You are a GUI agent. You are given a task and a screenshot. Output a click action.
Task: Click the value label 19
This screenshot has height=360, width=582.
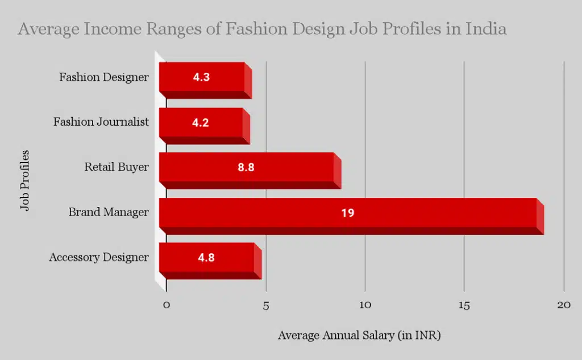point(348,213)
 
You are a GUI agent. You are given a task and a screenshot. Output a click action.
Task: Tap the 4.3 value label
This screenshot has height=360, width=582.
point(202,77)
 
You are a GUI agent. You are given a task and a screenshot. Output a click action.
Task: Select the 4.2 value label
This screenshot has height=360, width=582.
point(201,122)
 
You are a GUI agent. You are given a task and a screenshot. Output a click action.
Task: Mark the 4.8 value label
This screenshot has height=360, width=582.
point(206,257)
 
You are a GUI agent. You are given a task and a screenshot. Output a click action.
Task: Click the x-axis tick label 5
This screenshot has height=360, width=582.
point(266,305)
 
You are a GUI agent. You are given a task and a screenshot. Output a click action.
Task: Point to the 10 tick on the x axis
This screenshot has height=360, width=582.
point(365,305)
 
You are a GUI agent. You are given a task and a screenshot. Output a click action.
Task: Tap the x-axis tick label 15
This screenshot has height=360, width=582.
point(464,305)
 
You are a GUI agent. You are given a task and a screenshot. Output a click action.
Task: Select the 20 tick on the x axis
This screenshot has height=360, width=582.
point(564,305)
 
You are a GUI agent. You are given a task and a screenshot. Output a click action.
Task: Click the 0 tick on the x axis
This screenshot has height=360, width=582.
point(167,305)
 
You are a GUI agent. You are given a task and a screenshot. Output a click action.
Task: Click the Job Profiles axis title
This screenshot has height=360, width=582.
point(24,180)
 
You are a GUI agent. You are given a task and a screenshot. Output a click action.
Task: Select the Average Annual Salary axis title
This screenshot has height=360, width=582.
point(359,336)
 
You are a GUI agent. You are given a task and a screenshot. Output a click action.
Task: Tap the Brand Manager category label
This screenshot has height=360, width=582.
point(109,212)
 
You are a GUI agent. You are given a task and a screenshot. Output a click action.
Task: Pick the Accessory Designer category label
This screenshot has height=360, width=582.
point(99,257)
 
